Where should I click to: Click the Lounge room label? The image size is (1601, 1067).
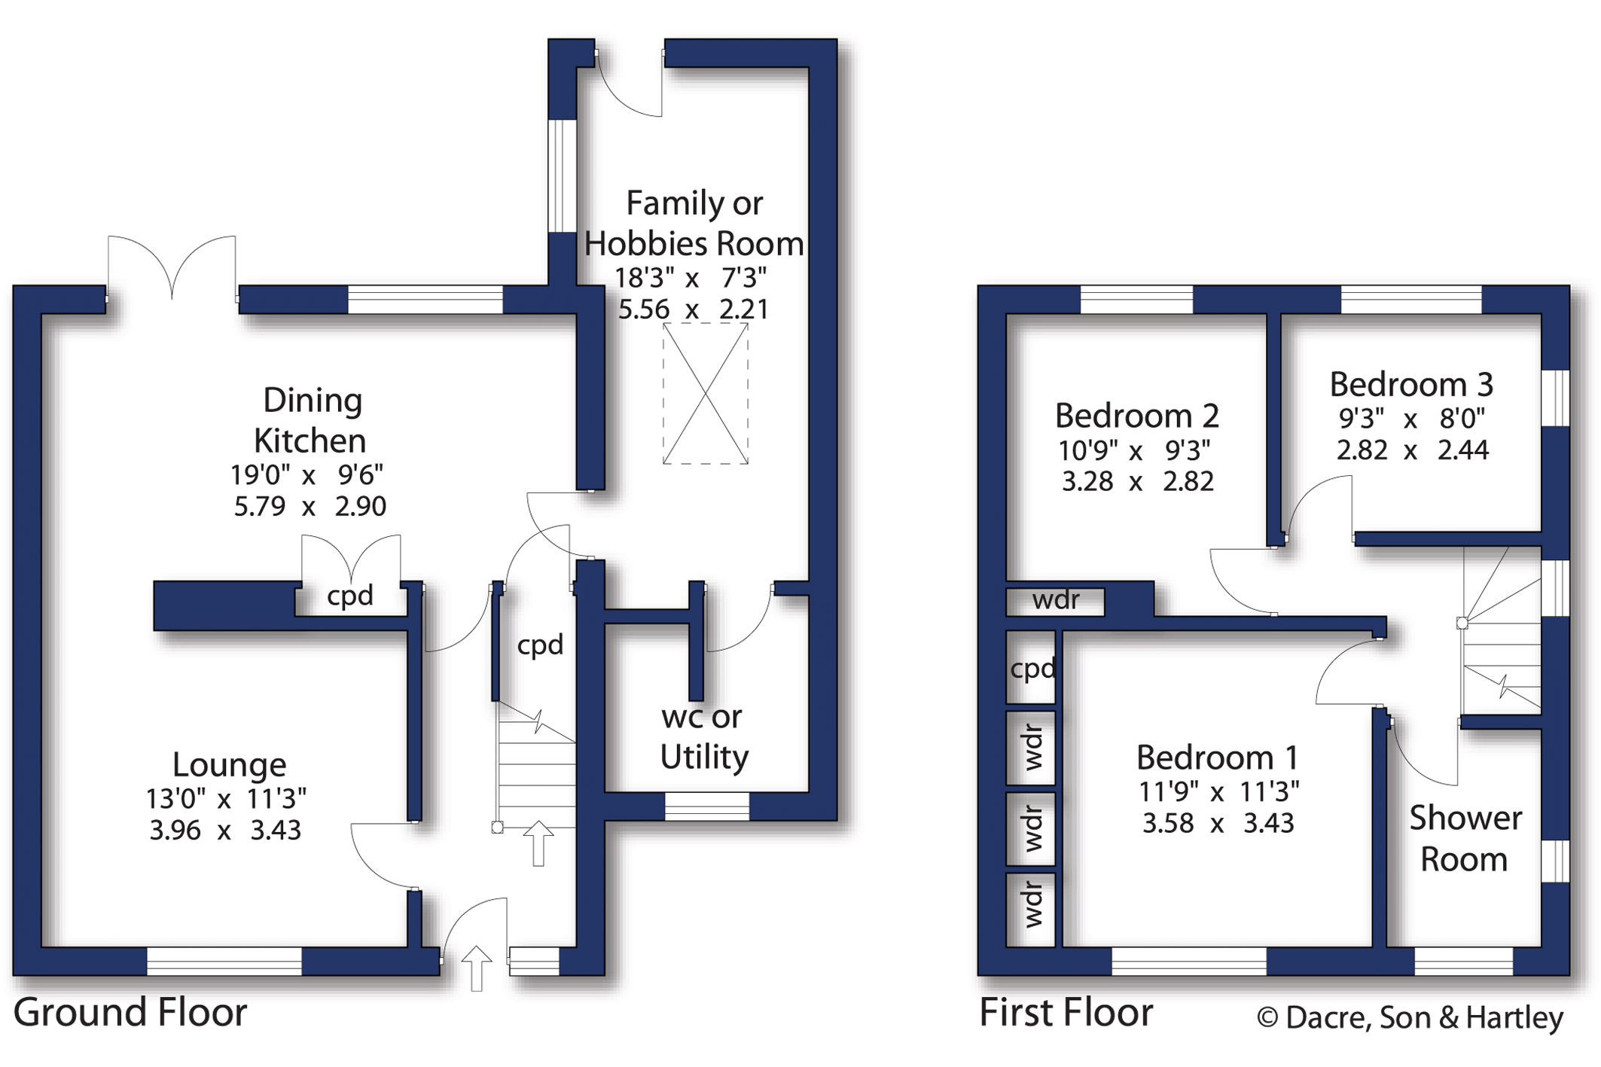click(230, 765)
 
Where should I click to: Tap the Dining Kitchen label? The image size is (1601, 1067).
click(310, 420)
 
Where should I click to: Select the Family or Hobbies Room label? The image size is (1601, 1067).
click(694, 224)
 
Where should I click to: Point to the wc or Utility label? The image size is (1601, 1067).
click(703, 737)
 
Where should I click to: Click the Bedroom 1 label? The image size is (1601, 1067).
click(1218, 758)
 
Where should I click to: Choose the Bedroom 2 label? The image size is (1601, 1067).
click(1136, 416)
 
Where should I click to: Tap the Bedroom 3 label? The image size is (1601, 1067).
click(1411, 385)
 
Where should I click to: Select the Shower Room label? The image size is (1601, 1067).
click(1465, 839)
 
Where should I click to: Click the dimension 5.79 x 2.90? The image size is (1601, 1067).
click(310, 507)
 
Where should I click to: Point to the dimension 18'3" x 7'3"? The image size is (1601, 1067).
click(691, 278)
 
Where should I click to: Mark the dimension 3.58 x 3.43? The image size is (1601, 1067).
click(1218, 823)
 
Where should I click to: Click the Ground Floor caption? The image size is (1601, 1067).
click(130, 1012)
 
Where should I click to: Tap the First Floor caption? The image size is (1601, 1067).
click(1066, 1012)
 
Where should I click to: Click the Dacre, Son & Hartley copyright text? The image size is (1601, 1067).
click(1410, 1017)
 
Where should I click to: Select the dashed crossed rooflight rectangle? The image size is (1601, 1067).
click(706, 393)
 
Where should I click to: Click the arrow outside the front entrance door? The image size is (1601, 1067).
click(477, 968)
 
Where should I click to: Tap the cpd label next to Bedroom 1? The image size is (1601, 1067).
click(1032, 669)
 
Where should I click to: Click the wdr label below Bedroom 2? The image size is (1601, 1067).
click(1056, 600)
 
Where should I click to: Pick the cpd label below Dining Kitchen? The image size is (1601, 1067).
click(350, 596)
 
